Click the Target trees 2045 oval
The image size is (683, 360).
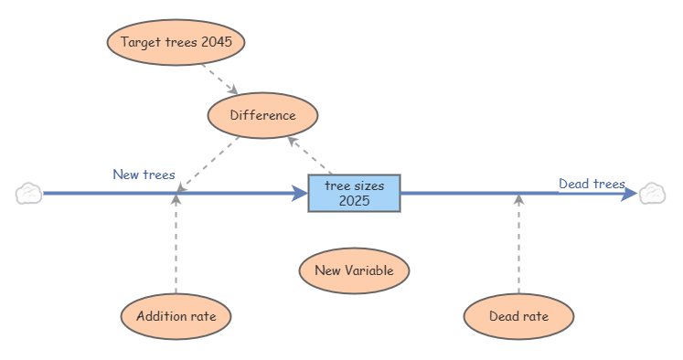coord(176,42)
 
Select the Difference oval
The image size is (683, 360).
coord(262,115)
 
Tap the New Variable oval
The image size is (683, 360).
coord(354,270)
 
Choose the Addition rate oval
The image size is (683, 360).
coord(176,316)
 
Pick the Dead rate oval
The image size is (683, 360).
coord(518,316)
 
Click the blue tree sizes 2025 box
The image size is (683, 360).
coord(354,194)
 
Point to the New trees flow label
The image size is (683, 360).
coord(144,175)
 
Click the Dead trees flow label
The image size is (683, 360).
coord(592,184)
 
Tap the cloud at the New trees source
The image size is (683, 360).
coord(28,194)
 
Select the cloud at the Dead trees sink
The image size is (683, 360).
coord(652,194)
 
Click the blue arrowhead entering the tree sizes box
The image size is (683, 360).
coord(300,194)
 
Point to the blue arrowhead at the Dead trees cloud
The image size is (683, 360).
coord(629,194)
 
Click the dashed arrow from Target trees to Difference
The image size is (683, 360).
coord(220,79)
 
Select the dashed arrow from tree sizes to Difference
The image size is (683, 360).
coord(310,155)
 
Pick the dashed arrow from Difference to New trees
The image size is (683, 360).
coord(208,164)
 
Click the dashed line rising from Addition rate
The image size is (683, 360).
coord(176,244)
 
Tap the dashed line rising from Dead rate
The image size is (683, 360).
coord(518,244)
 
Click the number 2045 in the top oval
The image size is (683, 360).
coord(217,42)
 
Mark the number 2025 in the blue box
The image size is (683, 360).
coord(354,201)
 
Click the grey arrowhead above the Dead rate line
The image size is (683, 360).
coord(518,199)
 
